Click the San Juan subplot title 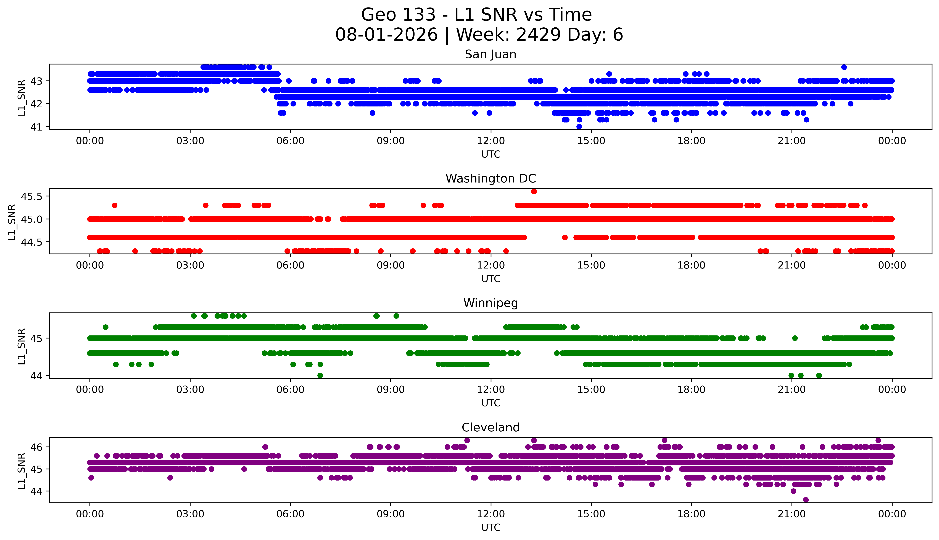point(491,54)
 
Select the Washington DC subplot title point(491,179)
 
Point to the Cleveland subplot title point(491,428)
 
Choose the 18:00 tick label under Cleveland point(692,514)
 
